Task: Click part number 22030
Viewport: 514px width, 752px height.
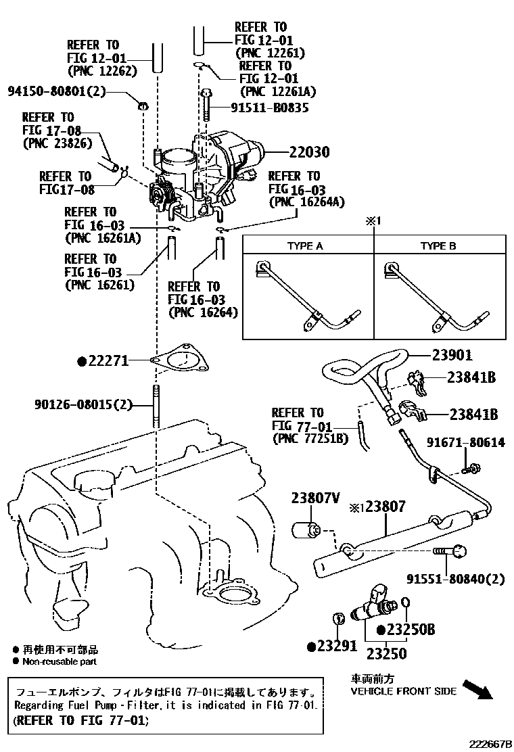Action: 300,153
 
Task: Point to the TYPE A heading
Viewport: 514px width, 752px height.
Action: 305,245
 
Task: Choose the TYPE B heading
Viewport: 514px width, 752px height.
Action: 438,245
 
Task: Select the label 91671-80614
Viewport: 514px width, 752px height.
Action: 465,442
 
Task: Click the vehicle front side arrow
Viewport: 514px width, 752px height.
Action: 482,689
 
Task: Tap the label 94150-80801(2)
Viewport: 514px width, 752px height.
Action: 57,90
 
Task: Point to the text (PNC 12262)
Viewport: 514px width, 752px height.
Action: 103,70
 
